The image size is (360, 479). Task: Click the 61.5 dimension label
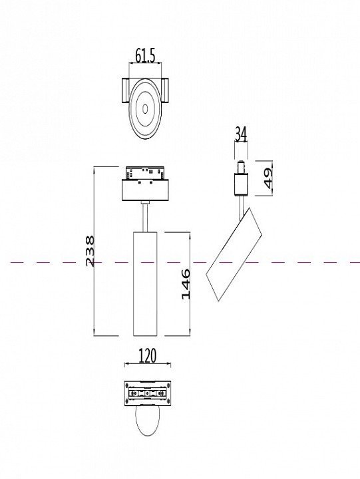coord(145,56)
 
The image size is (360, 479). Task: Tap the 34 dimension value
coord(240,134)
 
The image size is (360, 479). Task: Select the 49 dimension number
coord(268,178)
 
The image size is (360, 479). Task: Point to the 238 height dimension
coord(90,251)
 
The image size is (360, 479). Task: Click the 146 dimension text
coord(186,284)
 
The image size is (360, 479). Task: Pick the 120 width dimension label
coord(147,355)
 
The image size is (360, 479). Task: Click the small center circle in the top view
coord(145,108)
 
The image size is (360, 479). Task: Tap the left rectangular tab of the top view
coord(126,90)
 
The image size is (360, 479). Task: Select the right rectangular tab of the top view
coord(164,90)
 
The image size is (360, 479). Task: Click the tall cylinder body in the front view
coord(145,284)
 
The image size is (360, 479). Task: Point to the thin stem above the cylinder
coord(145,218)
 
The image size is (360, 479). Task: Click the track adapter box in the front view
coord(145,190)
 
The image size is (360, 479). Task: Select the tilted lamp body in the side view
coord(234,254)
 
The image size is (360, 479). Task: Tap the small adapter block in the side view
coord(241,184)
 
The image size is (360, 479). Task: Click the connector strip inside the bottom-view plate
coord(147,393)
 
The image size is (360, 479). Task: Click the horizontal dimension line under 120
coord(148,364)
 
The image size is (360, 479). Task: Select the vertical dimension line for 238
coord(94,251)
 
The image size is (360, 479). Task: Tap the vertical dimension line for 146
coord(190,284)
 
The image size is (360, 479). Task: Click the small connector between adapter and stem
coord(145,202)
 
